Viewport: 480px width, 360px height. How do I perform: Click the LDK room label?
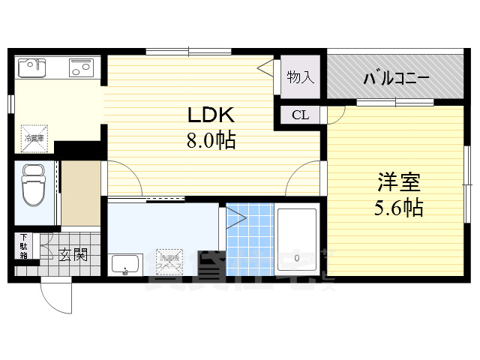211,115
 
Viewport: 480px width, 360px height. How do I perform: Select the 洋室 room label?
398,182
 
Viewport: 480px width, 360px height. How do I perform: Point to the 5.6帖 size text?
398,207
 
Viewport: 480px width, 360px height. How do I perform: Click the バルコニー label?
396,78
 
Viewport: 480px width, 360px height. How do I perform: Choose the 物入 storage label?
300,76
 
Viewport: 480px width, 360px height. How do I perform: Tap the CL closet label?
300,115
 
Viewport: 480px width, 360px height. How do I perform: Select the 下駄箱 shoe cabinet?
24,246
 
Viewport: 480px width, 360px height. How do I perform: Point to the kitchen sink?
32,69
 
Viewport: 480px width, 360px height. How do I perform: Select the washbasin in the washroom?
127,264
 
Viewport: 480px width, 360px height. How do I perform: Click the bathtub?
298,240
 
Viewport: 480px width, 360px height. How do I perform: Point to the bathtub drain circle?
298,257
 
